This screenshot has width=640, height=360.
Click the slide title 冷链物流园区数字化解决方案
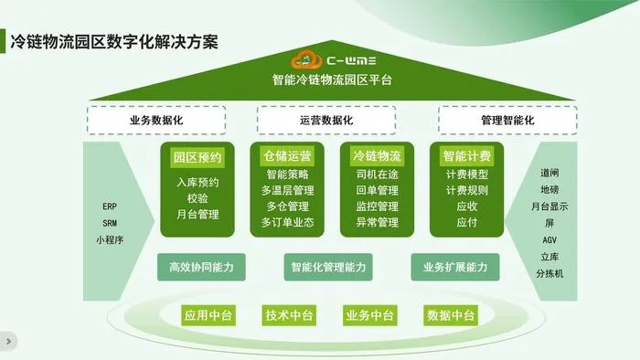point(113,43)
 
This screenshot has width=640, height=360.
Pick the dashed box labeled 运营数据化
point(325,121)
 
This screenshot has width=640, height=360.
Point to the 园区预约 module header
point(197,156)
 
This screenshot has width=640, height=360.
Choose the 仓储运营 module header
point(287,156)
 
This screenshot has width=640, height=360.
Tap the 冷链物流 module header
point(377,156)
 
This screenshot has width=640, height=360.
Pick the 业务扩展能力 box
point(461,267)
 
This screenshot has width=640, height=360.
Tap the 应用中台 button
point(208,315)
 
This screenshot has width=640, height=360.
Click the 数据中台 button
point(451,315)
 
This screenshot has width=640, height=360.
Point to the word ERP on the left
point(110,206)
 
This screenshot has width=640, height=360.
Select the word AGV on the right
point(550,239)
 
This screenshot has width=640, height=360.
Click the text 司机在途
point(377,175)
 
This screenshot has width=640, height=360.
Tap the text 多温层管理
point(287,190)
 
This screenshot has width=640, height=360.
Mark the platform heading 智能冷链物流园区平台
point(332,80)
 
